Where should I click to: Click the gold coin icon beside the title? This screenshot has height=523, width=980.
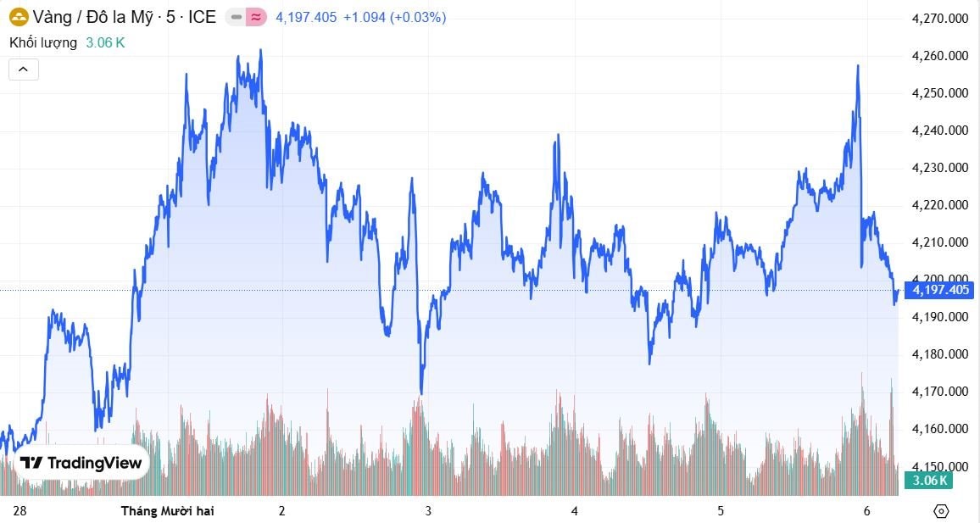[19, 17]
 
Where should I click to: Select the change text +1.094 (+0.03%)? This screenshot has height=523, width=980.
[394, 17]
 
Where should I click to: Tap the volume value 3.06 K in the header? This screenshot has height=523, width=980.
[105, 42]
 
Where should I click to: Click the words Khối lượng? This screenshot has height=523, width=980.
[43, 42]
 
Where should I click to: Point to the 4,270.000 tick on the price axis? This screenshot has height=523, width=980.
[939, 19]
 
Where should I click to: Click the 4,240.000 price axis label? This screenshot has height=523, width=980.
[939, 131]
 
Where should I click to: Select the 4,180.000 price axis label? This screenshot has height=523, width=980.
[939, 354]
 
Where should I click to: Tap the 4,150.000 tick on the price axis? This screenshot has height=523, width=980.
[939, 466]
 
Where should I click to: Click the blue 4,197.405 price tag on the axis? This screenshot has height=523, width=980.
[940, 291]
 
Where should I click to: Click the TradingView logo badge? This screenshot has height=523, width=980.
[81, 463]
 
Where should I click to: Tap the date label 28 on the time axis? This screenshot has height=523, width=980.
[20, 511]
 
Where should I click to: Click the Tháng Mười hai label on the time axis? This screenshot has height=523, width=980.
[167, 511]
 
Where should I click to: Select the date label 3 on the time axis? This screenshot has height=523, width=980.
[428, 511]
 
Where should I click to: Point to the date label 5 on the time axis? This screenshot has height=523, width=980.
[721, 511]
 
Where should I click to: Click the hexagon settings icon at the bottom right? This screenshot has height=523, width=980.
[940, 511]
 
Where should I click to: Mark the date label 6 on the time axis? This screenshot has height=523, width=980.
[867, 511]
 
